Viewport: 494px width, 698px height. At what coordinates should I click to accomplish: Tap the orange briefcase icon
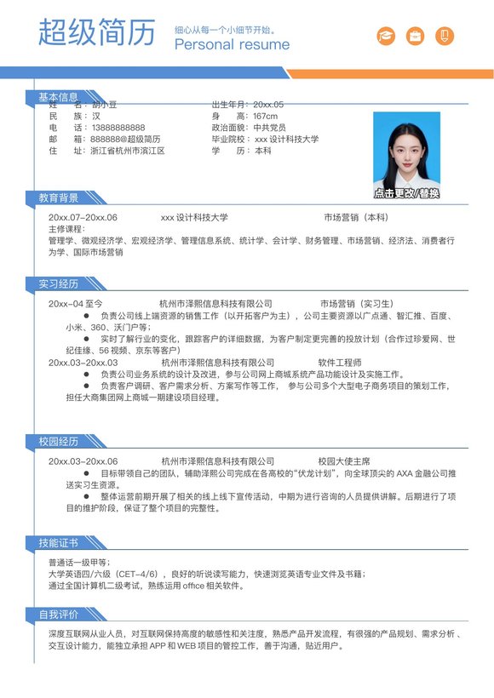click(x=415, y=36)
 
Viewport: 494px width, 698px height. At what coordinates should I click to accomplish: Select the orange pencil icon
click(x=444, y=36)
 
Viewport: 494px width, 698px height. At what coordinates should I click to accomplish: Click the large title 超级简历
click(x=97, y=32)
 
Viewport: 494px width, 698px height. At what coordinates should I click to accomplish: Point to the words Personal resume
click(x=232, y=45)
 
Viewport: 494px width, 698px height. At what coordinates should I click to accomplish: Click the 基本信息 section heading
click(x=58, y=98)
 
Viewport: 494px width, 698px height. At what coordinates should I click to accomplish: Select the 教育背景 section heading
click(x=58, y=198)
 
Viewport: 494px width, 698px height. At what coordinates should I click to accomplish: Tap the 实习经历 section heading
click(x=58, y=283)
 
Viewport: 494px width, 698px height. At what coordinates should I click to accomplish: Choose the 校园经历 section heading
click(x=58, y=442)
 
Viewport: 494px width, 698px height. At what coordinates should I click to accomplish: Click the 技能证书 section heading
click(x=58, y=543)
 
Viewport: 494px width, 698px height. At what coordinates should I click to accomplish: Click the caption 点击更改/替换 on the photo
click(x=406, y=193)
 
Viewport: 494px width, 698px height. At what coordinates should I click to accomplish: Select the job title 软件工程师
click(x=340, y=363)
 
